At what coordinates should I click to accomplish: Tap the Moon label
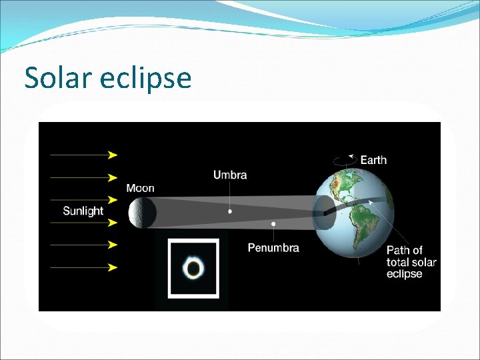(140, 188)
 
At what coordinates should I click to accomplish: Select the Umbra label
(230, 175)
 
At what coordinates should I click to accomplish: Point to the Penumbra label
(273, 248)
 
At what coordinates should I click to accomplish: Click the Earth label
(373, 160)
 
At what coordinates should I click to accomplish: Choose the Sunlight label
(83, 211)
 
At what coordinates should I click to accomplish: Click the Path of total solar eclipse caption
(411, 262)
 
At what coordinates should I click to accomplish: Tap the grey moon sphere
(143, 213)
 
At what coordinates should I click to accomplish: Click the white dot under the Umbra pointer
(230, 211)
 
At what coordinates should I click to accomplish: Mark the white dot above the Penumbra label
(273, 224)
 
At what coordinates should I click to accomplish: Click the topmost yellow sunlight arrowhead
(113, 155)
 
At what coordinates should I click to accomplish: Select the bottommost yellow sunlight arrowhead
(113, 267)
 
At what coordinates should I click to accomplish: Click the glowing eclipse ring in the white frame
(194, 269)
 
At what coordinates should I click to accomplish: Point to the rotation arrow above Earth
(343, 160)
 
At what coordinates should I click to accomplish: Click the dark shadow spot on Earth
(324, 211)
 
